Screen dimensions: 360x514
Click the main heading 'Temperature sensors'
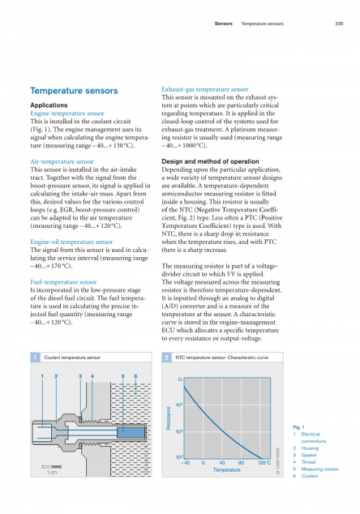[x=74, y=91]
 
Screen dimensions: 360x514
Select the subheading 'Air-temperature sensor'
[x=62, y=161]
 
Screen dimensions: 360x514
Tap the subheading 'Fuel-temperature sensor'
[x=63, y=282]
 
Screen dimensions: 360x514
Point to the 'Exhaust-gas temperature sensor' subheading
[x=205, y=89]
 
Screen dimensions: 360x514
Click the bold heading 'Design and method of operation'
[x=210, y=161]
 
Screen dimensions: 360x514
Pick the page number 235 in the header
[x=340, y=24]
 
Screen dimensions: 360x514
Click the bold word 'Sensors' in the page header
[x=224, y=24]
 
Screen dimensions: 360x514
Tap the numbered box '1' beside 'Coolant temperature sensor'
[x=36, y=358]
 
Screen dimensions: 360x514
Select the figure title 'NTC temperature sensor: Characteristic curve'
[x=221, y=358]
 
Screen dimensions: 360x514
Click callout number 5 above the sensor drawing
[x=123, y=376]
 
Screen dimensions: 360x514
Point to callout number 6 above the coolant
[x=135, y=376]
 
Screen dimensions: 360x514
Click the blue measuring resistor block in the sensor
[x=131, y=433]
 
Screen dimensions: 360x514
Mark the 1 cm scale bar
[x=51, y=466]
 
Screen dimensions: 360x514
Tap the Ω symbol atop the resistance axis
[x=180, y=379]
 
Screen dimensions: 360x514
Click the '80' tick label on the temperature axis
[x=241, y=463]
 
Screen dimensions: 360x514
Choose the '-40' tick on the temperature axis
[x=186, y=463]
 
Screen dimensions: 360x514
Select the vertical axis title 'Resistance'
[x=169, y=418]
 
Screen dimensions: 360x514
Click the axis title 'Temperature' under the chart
[x=226, y=470]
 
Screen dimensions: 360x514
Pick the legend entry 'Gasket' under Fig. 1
[x=309, y=455]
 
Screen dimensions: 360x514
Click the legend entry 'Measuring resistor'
[x=320, y=469]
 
